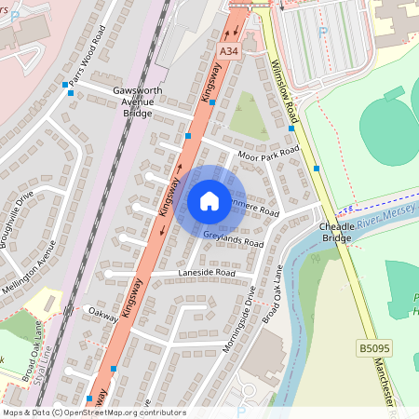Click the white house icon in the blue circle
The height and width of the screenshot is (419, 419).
pyautogui.click(x=209, y=200)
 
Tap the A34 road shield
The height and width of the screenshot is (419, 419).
pyautogui.click(x=229, y=47)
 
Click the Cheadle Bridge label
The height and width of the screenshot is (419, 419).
pyautogui.click(x=336, y=232)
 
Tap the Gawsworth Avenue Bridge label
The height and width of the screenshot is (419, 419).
pyautogui.click(x=138, y=101)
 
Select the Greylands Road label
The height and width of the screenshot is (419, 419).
pyautogui.click(x=233, y=240)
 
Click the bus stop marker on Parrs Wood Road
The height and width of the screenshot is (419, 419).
pyautogui.click(x=65, y=86)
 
